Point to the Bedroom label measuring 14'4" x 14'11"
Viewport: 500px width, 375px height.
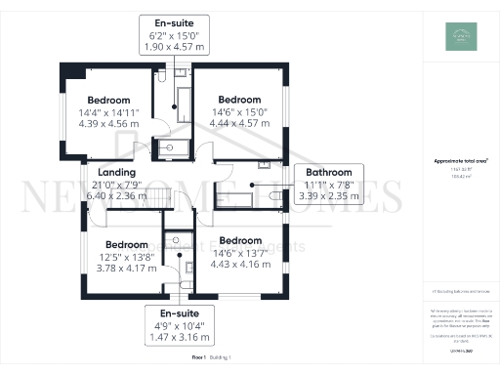[x=108, y=101]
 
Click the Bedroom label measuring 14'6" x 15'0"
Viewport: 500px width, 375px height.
[x=239, y=101]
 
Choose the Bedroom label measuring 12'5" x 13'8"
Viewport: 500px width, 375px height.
[x=127, y=244]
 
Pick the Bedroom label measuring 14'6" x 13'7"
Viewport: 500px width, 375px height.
[x=240, y=240]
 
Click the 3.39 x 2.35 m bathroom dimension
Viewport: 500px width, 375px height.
[x=328, y=194]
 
